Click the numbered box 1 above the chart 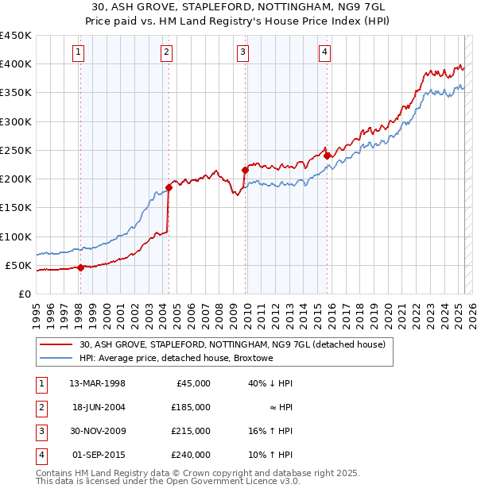click(x=79, y=53)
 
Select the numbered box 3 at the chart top click(x=242, y=53)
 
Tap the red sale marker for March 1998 click(x=80, y=267)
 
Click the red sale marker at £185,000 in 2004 click(x=169, y=187)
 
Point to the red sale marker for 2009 click(x=245, y=170)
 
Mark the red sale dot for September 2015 click(x=327, y=156)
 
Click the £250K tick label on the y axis click(x=16, y=150)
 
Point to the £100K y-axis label click(x=16, y=236)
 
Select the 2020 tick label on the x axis click(x=388, y=310)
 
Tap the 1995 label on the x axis click(x=37, y=310)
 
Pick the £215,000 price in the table click(x=192, y=431)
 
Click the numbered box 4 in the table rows click(x=41, y=455)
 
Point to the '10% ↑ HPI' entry click(x=271, y=455)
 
